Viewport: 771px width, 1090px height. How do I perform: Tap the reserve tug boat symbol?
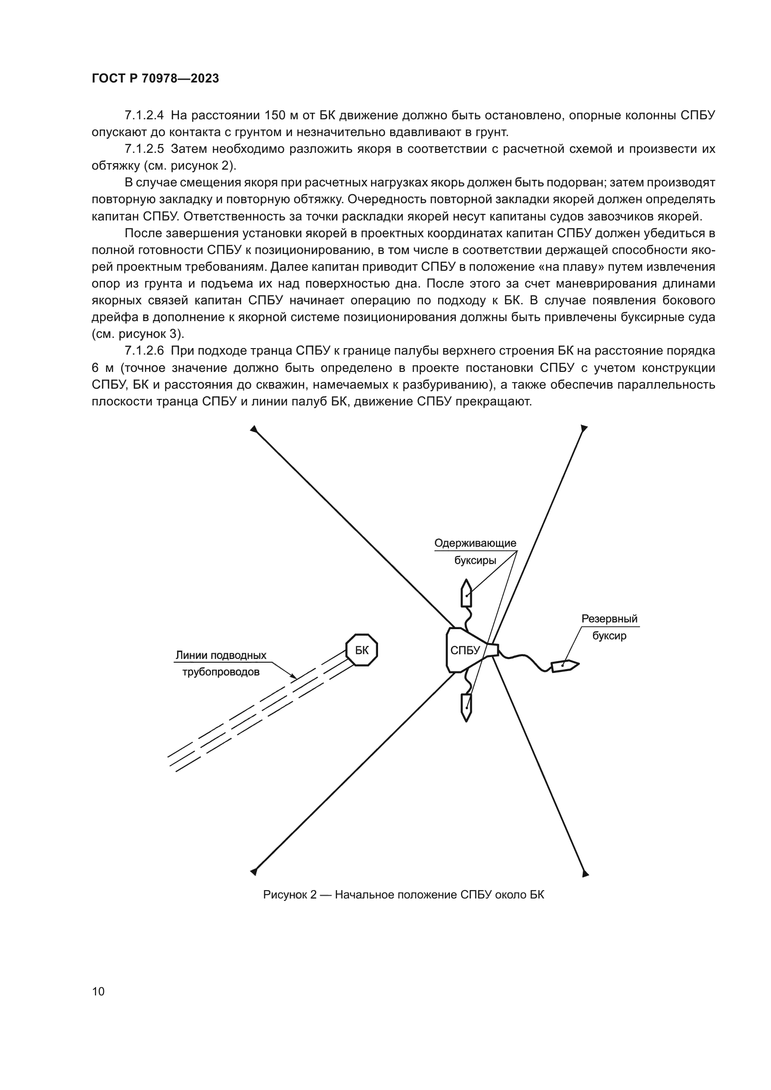564,665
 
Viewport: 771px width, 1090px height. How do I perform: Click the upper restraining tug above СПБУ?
466,593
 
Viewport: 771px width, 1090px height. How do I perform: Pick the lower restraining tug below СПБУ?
466,707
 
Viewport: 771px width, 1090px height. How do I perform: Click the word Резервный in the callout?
610,619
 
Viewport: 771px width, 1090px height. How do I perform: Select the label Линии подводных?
221,655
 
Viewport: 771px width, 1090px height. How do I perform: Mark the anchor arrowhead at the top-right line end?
584,429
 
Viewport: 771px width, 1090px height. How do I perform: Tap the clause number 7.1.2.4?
144,116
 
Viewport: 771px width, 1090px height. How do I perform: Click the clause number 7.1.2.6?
144,351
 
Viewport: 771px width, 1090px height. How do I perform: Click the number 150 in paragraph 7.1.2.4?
274,116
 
